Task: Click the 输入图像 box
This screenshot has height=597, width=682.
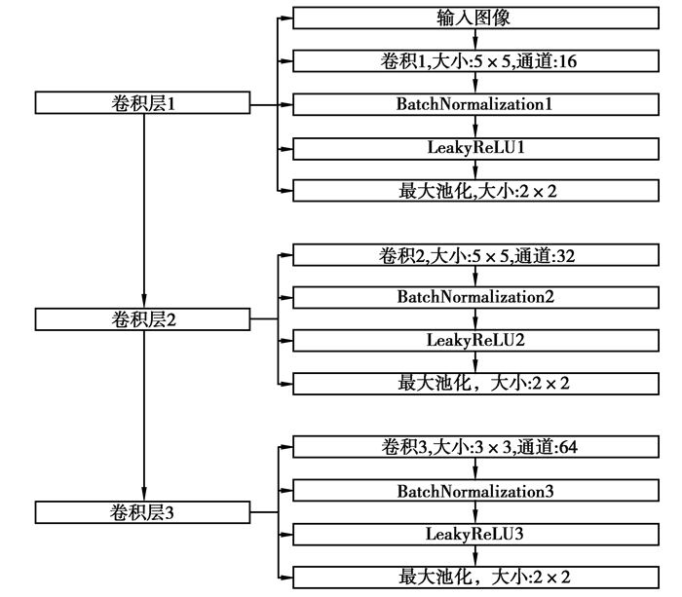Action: click(x=474, y=18)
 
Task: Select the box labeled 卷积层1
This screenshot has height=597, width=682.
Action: click(x=143, y=102)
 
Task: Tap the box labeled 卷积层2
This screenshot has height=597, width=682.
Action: click(x=143, y=318)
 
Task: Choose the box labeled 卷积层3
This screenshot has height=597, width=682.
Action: click(x=143, y=511)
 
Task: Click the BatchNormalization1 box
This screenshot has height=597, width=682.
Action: click(x=474, y=103)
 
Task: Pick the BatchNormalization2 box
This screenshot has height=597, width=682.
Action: click(x=474, y=296)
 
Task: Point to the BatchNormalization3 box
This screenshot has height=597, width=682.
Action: click(x=474, y=491)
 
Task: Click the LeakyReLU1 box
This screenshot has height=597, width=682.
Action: click(x=474, y=147)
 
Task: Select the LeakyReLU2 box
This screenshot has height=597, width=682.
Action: click(x=474, y=340)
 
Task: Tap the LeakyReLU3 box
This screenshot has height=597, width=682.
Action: click(x=474, y=534)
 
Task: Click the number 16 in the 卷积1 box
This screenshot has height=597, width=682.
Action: click(x=568, y=60)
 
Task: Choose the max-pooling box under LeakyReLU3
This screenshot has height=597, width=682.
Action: click(x=474, y=577)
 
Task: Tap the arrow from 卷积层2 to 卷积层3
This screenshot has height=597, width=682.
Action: click(x=143, y=414)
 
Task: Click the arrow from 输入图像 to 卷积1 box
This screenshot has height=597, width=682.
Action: click(x=474, y=39)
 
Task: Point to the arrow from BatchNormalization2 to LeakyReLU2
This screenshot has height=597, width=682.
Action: click(x=474, y=318)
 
